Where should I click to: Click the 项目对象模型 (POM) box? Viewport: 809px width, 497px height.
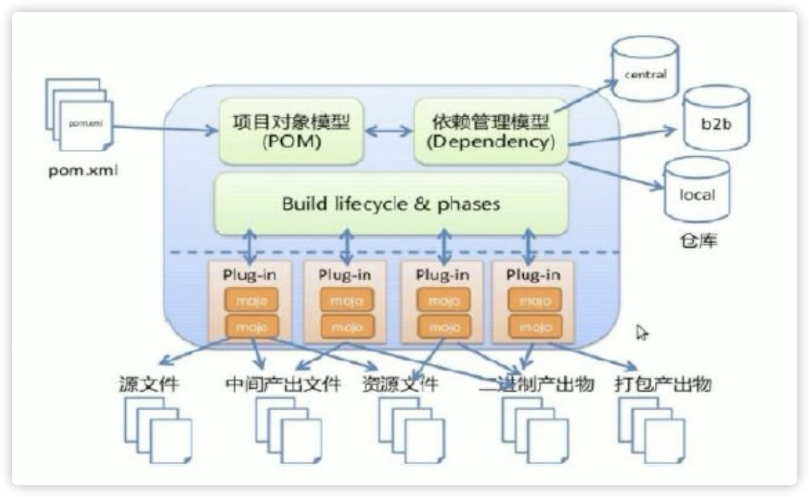pos(291,131)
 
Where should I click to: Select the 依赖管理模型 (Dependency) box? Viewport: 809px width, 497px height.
pos(490,131)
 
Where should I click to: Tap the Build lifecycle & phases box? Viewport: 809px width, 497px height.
pos(391,204)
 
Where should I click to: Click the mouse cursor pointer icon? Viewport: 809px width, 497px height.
pos(642,333)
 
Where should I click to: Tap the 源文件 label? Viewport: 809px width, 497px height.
pos(149,384)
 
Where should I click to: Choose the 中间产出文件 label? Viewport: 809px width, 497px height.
pos(283,384)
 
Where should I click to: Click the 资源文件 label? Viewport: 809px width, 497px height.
pos(399,384)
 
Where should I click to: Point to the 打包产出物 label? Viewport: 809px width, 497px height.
pos(663,384)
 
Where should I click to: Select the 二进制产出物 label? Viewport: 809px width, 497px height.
pos(536,384)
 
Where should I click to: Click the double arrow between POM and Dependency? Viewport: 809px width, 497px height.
pos(389,131)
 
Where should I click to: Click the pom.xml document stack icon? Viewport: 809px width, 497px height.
pos(79,115)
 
